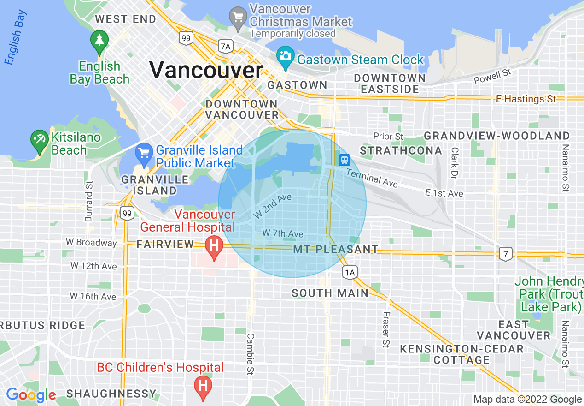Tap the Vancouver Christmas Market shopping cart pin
(x=238, y=17)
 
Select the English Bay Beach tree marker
(x=99, y=40)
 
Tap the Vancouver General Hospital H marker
(x=214, y=245)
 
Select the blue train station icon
(x=344, y=160)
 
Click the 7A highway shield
(x=225, y=46)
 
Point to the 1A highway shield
(x=350, y=273)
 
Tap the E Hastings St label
(x=526, y=99)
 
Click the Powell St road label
(x=493, y=76)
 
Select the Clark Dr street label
(x=455, y=163)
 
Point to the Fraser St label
(x=386, y=329)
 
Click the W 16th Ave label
(x=93, y=296)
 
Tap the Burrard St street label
(x=89, y=201)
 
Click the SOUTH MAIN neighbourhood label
(x=330, y=293)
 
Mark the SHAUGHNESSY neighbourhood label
(x=111, y=394)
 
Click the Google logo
(x=31, y=395)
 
